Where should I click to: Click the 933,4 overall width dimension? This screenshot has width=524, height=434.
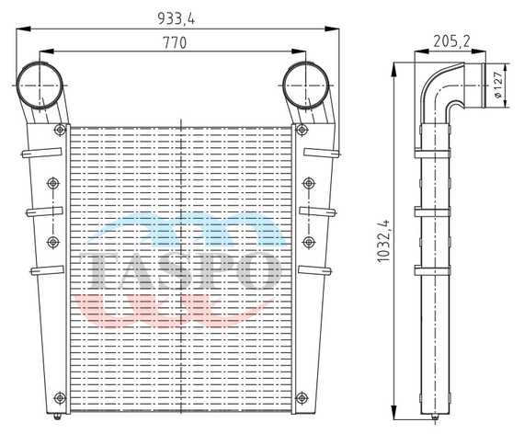[177, 18]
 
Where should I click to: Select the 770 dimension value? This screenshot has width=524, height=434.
[175, 42]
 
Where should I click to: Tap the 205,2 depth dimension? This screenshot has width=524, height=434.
[451, 41]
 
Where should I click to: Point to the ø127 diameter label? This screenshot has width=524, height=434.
[497, 85]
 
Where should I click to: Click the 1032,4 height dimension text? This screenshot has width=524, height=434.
[383, 241]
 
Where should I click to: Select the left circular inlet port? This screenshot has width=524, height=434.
[40, 86]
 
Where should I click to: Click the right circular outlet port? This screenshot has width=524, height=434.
[305, 86]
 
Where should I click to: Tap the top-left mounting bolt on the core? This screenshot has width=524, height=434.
[60, 130]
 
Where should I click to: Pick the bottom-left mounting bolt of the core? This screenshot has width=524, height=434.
[60, 398]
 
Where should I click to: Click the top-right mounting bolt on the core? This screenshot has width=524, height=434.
[302, 130]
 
